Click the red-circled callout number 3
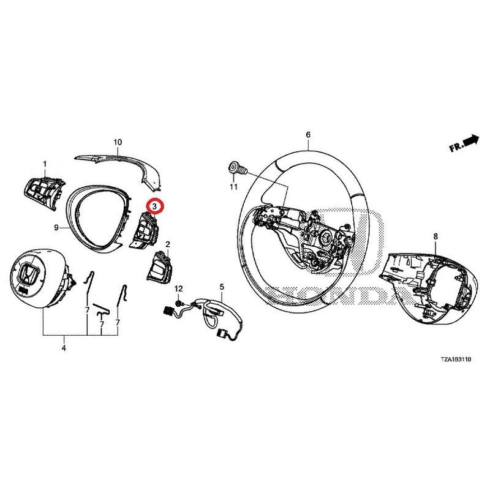155,207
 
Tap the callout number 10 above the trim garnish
118,142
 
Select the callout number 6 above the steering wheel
308,134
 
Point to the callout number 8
435,236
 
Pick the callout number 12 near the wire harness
179,288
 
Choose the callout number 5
222,286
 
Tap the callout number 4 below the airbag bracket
64,349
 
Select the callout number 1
45,164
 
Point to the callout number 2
167,244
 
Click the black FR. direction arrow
471,141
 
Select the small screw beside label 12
177,302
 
